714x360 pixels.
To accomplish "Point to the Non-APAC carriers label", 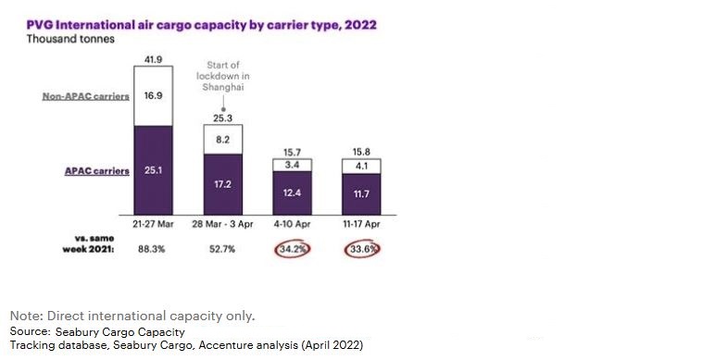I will (x=86, y=96).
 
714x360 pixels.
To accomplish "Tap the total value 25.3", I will (x=223, y=118).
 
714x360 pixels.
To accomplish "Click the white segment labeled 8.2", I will (x=223, y=139).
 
